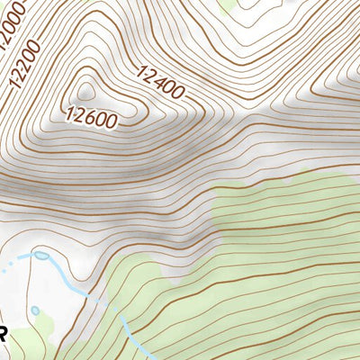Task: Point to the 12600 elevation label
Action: [92, 116]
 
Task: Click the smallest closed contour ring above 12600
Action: [86, 89]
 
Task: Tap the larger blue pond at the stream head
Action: [40, 256]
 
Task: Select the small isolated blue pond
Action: [35, 310]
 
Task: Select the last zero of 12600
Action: [112, 121]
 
